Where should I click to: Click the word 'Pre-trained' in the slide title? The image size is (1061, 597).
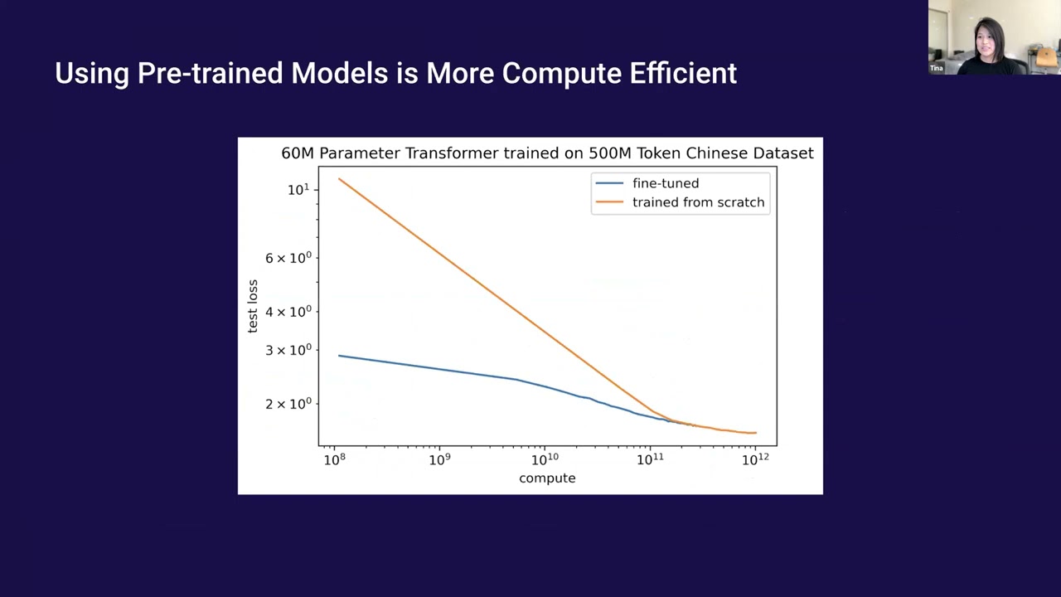210,73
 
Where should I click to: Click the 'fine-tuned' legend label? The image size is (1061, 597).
665,183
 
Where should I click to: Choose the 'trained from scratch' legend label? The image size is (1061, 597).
698,202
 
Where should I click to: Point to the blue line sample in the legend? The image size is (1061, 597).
609,183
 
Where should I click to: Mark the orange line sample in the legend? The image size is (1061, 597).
609,202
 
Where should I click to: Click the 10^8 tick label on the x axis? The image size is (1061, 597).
335,459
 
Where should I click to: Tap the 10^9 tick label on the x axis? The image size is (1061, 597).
440,459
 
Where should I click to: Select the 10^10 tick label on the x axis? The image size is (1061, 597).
545,459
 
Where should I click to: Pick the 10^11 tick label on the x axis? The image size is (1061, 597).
650,459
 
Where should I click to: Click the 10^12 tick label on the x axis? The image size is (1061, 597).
755,459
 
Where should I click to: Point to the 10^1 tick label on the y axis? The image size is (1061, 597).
298,190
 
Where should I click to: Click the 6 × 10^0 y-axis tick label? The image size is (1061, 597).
288,258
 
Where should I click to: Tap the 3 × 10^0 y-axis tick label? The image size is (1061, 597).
288,350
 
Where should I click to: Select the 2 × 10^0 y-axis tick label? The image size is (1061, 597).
288,404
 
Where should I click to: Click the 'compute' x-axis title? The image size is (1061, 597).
547,478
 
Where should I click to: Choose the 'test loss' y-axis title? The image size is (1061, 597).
253,307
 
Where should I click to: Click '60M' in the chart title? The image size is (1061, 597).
298,153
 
